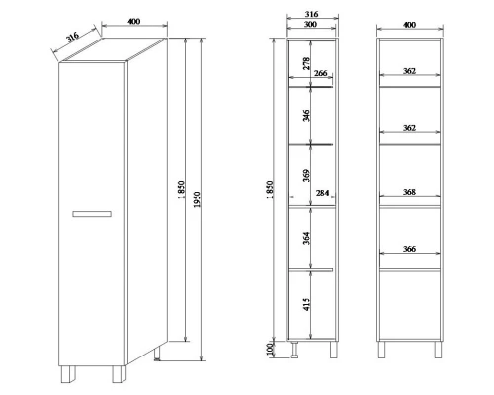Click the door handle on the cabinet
point(92,214)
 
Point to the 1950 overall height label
point(197,199)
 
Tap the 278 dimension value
point(306,63)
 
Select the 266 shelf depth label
point(320,73)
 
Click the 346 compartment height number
point(306,116)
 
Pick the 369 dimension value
point(306,176)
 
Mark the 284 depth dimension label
point(322,193)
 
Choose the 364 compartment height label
point(306,238)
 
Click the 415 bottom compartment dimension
point(306,304)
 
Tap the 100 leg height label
point(270,350)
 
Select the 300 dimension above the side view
point(310,24)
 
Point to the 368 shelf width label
point(409,192)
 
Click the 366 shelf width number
point(409,249)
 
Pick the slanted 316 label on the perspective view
point(72,38)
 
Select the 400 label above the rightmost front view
point(409,25)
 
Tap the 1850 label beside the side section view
point(270,190)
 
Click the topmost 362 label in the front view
point(409,71)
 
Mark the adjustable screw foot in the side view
point(294,350)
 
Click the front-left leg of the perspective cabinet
point(68,374)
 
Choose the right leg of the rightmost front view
point(438,350)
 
